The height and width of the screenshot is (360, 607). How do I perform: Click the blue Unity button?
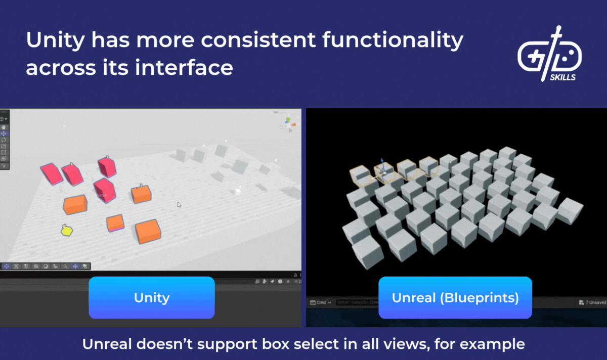coord(152,297)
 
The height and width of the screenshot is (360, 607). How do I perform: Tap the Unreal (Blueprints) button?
coord(455,297)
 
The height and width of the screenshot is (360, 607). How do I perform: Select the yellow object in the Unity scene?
coord(66,231)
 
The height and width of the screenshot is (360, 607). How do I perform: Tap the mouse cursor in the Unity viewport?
coord(179,204)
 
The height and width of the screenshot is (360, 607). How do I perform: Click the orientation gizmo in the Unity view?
coord(287,123)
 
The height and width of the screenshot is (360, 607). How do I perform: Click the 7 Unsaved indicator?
coord(593,302)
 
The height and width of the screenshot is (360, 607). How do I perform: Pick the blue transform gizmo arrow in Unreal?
coord(382,166)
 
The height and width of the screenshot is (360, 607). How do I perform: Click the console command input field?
coord(357,302)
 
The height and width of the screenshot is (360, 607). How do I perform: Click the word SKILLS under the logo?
coord(562,77)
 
